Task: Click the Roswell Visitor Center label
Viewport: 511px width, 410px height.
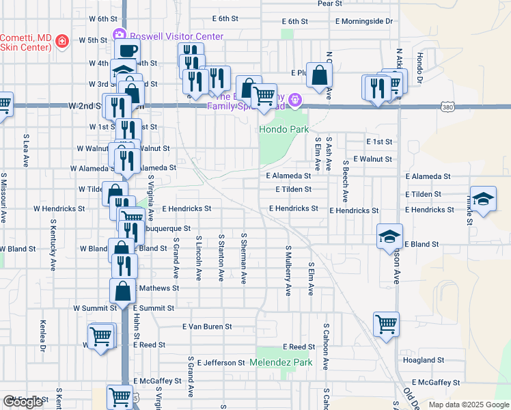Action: pos(176,36)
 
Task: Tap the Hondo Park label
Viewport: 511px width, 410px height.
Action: pos(284,129)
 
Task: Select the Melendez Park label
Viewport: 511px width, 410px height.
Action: pos(280,362)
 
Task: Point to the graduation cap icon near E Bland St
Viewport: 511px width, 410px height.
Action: pos(389,236)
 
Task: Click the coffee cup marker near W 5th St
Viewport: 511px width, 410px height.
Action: pos(127,50)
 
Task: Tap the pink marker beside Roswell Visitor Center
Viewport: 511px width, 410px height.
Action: pos(120,33)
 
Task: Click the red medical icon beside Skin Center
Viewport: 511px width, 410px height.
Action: pos(61,41)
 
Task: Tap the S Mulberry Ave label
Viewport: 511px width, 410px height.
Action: pos(288,271)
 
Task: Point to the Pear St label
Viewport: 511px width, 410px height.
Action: pos(330,3)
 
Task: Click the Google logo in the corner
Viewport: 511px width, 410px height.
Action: pos(23,402)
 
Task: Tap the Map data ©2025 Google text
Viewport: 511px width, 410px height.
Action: pos(468,405)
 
